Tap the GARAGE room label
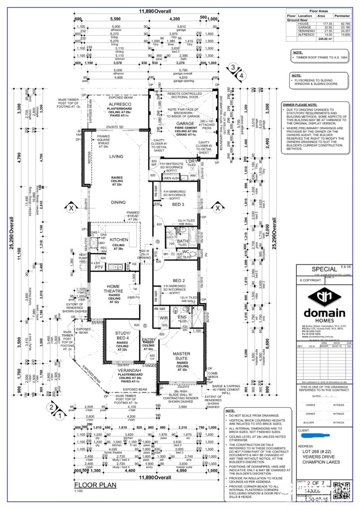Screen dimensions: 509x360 [x=185, y=123]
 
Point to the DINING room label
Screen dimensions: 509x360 [x=118, y=202]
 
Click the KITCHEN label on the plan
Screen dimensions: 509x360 [x=119, y=240]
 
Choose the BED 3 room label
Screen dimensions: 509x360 [x=179, y=204]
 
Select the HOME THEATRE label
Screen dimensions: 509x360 [x=113, y=288]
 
